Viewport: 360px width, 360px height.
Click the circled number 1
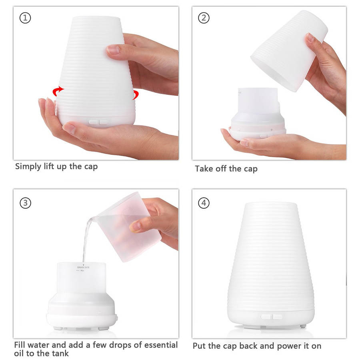25,18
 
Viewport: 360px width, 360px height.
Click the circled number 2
204,18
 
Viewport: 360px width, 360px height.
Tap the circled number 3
25,203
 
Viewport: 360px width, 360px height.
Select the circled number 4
204,203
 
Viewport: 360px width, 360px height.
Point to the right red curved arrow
136,94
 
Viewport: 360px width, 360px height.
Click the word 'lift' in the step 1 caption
49,166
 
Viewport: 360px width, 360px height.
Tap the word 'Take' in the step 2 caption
204,168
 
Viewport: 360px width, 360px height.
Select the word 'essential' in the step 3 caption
161,345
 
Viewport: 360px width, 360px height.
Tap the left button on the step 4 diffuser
266,317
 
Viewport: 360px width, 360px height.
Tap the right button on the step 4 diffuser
277,317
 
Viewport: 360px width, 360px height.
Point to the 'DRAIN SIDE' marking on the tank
83,268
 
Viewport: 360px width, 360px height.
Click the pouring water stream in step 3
86,239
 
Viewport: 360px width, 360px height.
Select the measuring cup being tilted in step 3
126,227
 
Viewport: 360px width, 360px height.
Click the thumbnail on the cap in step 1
113,50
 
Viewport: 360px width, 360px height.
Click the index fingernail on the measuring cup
135,226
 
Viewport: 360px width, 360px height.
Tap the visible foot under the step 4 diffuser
303,326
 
